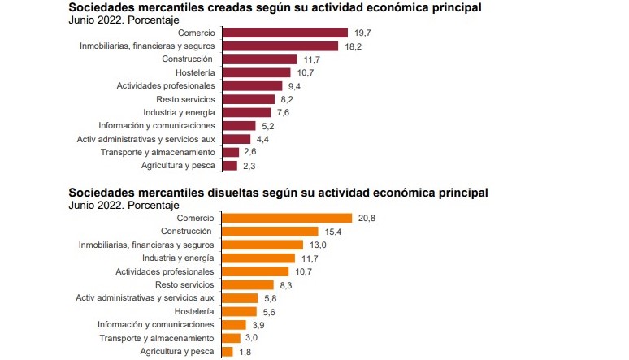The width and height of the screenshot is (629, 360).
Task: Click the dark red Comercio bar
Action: [x=284, y=33]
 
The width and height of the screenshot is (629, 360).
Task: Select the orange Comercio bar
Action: [x=285, y=218]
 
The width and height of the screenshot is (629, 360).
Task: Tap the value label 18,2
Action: [x=353, y=46]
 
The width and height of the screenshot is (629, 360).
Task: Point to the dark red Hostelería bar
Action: [x=255, y=72]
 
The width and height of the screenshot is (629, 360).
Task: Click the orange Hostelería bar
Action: [x=238, y=311]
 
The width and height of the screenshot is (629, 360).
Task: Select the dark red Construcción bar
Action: [x=258, y=59]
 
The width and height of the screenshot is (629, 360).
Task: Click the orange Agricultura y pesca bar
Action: [x=227, y=351]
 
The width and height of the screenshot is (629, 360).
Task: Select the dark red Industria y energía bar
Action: [x=245, y=112]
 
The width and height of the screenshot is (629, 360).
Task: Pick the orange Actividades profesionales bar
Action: [x=254, y=271]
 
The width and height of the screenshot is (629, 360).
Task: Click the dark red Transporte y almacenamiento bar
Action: [x=230, y=152]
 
